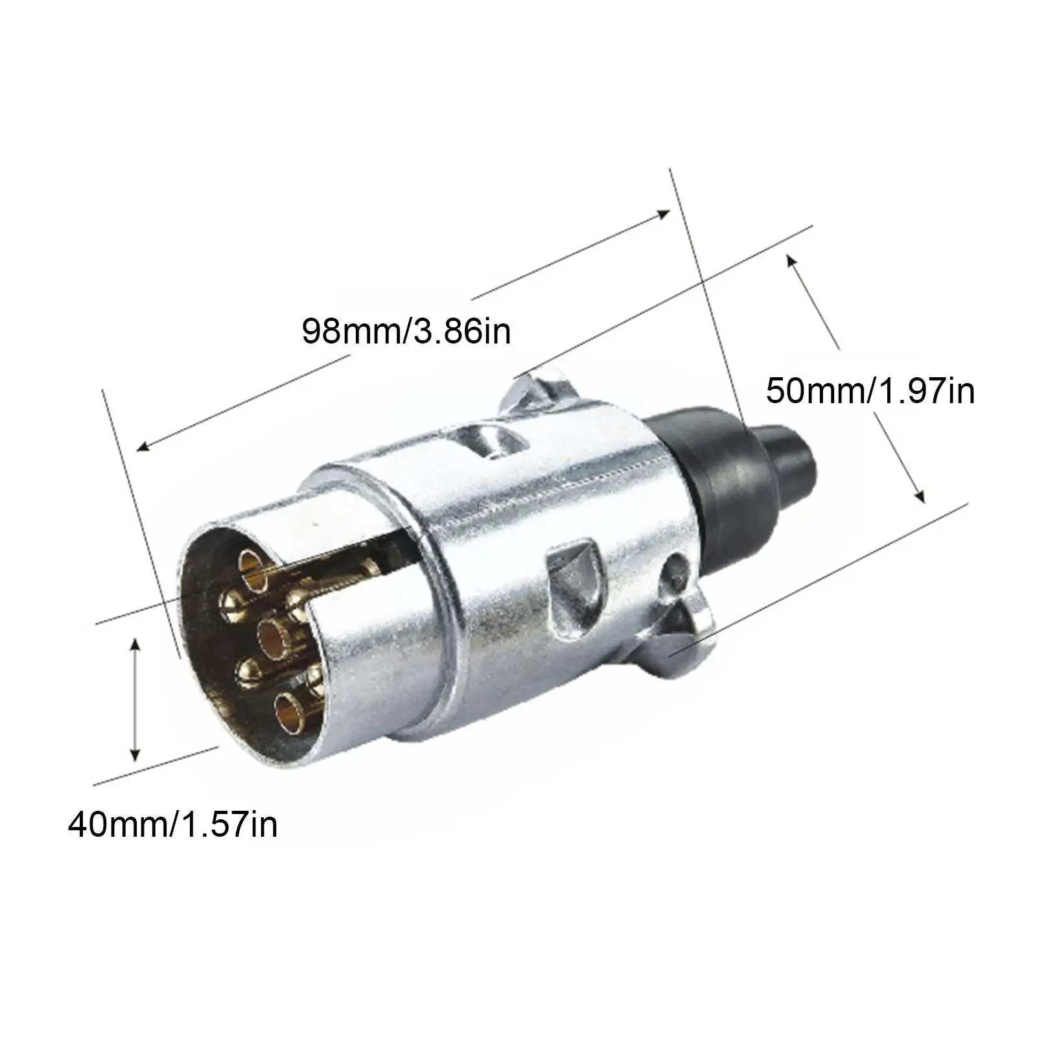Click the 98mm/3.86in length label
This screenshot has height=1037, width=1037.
coord(406,332)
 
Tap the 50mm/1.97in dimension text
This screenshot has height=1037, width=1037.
coord(870,391)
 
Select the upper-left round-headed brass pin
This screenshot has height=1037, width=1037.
coord(231,603)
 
